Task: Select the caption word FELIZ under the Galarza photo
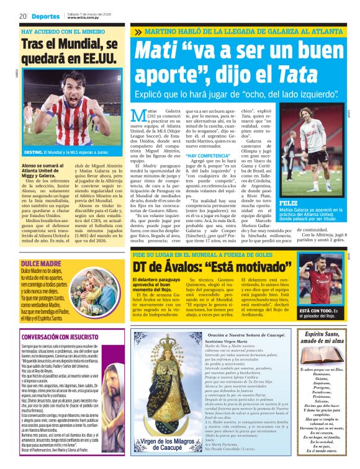289,203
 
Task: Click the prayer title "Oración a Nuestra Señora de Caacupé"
239,335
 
